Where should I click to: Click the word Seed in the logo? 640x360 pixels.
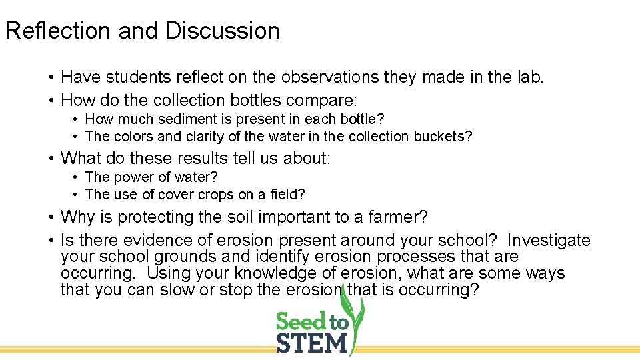point(301,322)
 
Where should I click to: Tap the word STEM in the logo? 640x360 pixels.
point(311,343)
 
